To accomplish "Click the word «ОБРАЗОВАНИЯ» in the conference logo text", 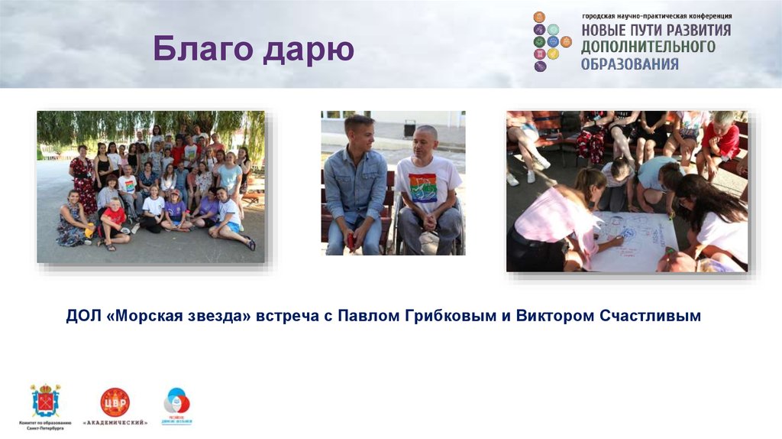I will point(629,64).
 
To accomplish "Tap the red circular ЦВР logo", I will point(115,402).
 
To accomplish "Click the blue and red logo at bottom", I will point(176,402).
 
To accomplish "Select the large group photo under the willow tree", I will point(151,187).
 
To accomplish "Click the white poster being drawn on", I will point(634,239).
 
